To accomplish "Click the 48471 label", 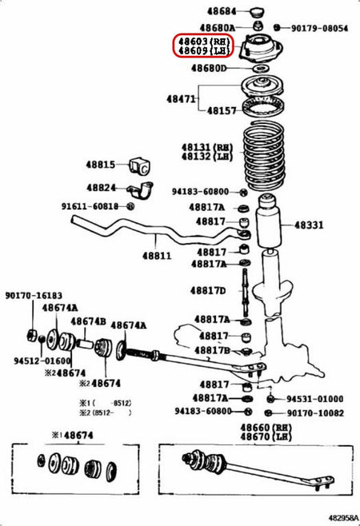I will pos(182,98).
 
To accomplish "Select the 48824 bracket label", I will pos(102,188).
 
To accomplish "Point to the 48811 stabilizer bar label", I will pos(158,256).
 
